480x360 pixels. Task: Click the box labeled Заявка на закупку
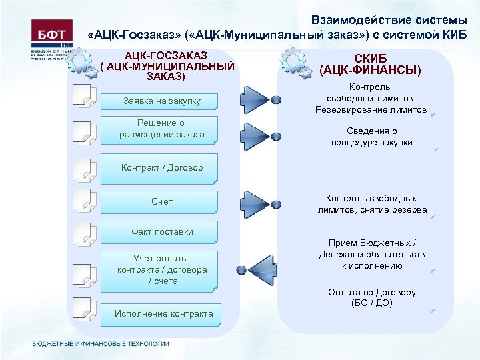(x=161, y=101)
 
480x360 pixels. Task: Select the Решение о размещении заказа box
(x=161, y=129)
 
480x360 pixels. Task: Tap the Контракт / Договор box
(x=161, y=168)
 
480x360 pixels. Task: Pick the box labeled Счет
(x=161, y=201)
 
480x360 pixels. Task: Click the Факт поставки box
(x=161, y=232)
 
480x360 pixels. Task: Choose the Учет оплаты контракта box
(x=161, y=270)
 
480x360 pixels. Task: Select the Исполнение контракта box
(x=163, y=314)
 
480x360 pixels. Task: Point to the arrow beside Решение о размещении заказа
(x=254, y=136)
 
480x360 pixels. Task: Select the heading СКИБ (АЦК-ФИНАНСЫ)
(x=371, y=64)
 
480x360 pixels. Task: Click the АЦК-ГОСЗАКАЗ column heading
(x=167, y=65)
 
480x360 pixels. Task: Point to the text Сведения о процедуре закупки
(x=372, y=137)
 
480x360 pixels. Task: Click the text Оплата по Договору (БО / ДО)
(x=372, y=297)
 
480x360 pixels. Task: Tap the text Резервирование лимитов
(x=371, y=109)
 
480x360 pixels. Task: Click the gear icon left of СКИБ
(x=295, y=63)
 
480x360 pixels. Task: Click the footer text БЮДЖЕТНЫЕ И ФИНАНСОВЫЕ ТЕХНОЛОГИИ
(x=101, y=344)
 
